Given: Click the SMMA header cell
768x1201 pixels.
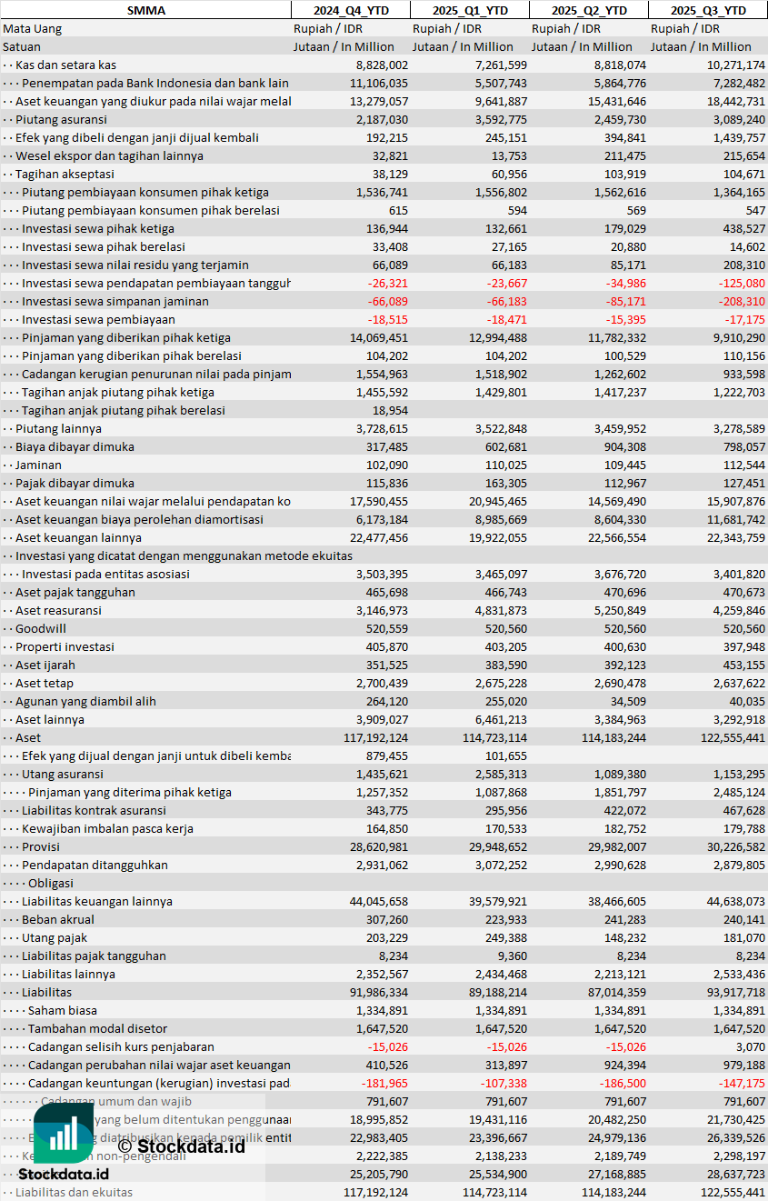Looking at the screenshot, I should pos(145,10).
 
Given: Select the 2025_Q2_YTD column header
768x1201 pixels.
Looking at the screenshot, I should pos(589,10).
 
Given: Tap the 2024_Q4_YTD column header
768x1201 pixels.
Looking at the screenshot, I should pos(350,10).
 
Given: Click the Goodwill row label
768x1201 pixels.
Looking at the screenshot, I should pos(41,628).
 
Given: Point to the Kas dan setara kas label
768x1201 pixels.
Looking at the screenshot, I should pos(65,65).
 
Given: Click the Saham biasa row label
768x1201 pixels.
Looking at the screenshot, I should pos(63,1010).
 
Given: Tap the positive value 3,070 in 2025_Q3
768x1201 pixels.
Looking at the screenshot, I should pos(751,1046).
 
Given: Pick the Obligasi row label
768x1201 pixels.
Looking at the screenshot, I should pos(51,883).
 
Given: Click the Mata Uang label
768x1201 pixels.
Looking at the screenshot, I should pos(32,28).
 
